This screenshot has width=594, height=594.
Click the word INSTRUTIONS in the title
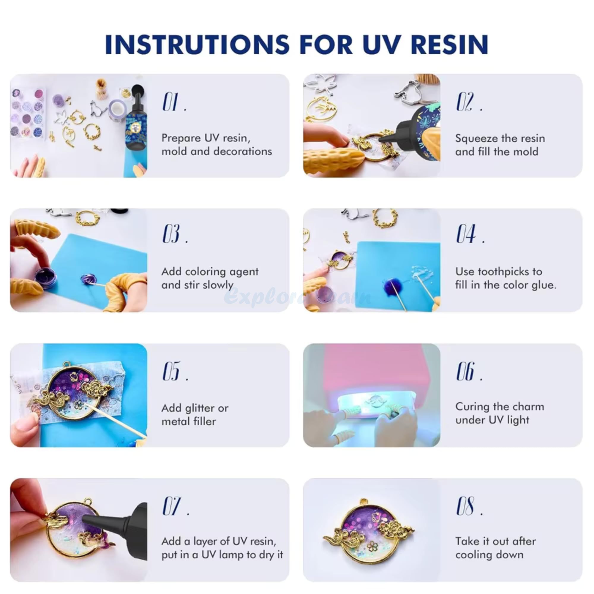(197, 45)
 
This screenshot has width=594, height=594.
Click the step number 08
(465, 506)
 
